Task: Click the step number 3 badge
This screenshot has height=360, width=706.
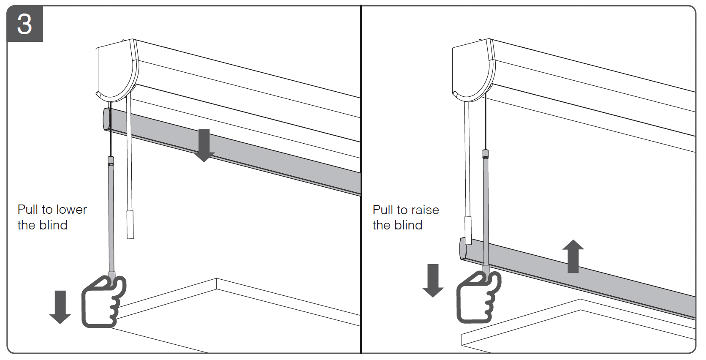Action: pos(24,24)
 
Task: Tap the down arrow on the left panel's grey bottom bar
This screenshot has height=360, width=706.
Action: pos(204,145)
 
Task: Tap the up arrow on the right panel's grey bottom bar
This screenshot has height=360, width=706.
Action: pos(573,256)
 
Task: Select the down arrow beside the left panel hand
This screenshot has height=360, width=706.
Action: pos(60,307)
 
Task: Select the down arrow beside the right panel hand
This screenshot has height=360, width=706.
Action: pos(433,280)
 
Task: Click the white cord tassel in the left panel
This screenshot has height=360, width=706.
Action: pos(130,224)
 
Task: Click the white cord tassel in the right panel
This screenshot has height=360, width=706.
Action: pos(468,230)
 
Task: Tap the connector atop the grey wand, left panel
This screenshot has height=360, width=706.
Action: pos(111,160)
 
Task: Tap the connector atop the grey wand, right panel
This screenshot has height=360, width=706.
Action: pos(486,153)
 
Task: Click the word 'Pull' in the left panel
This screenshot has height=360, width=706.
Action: pos(28,210)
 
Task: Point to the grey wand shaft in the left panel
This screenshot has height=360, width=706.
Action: pos(111,220)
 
